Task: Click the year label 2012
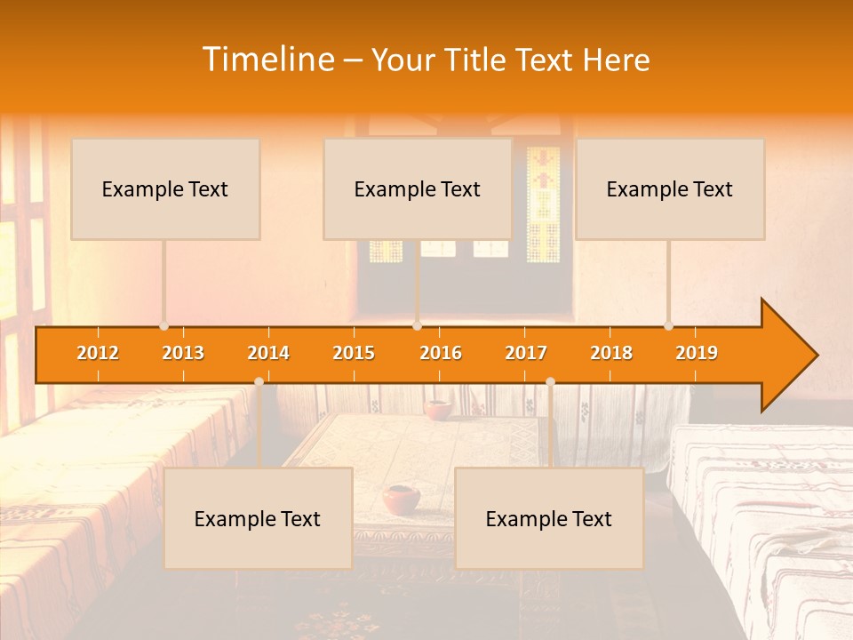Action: (98, 353)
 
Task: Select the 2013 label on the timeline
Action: (183, 353)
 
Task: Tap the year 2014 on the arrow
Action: (268, 353)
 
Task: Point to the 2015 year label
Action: (354, 353)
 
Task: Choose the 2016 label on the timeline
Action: (441, 353)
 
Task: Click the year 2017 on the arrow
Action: (526, 353)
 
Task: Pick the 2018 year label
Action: (611, 353)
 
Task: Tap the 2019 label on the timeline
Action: (697, 353)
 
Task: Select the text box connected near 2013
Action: (165, 188)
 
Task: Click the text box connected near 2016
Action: (418, 188)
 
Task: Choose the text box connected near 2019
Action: (670, 188)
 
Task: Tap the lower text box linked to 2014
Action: (258, 518)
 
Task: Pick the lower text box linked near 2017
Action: (549, 518)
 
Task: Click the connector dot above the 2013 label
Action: (163, 326)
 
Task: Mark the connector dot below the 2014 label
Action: (259, 381)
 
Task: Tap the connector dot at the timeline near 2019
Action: (669, 326)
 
